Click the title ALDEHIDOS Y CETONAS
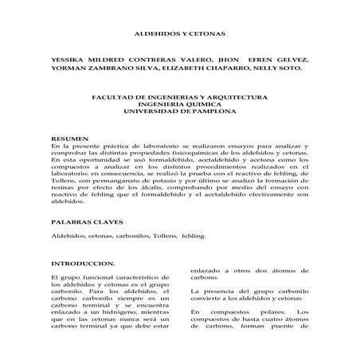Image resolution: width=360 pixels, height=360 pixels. tap(179, 34)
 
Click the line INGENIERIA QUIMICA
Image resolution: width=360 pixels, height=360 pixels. tap(179, 104)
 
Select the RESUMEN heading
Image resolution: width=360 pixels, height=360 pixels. tap(68, 139)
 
